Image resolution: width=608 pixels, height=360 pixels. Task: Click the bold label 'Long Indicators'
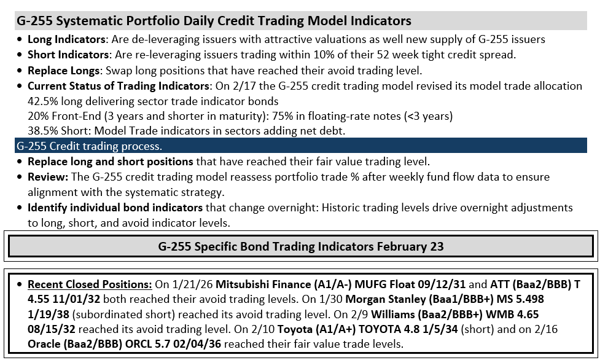click(x=66, y=39)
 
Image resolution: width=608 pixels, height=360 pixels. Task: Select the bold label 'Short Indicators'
click(x=68, y=55)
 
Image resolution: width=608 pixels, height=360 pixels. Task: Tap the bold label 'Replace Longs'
click(x=64, y=71)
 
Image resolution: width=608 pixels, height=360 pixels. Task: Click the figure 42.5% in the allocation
click(x=42, y=101)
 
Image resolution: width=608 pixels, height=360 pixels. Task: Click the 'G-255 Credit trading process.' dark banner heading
click(x=89, y=146)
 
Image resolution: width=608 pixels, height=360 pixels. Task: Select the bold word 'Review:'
click(x=48, y=177)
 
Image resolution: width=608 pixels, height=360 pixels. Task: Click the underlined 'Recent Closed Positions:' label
click(x=90, y=284)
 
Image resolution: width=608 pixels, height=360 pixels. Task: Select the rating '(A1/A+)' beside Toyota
click(x=335, y=329)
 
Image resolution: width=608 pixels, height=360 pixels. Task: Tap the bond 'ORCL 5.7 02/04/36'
click(x=173, y=344)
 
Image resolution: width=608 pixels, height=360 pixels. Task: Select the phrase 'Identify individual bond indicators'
click(x=115, y=208)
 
